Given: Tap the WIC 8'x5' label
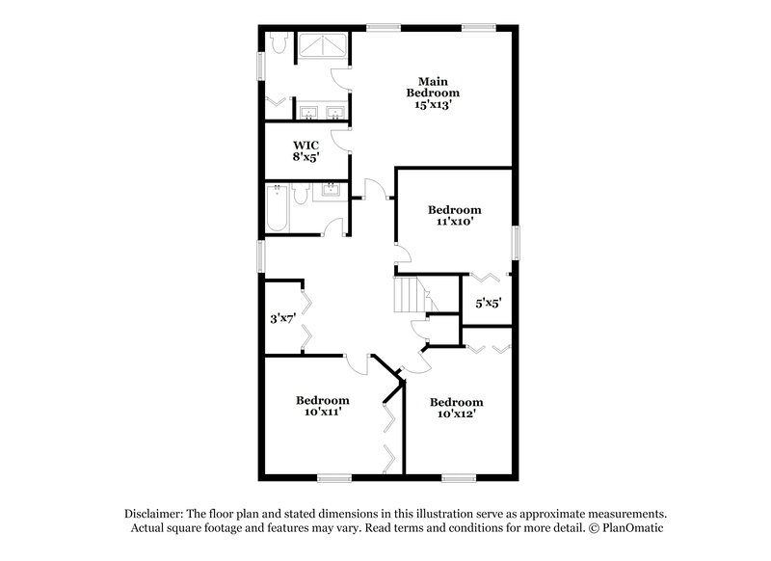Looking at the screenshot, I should pyautogui.click(x=306, y=150).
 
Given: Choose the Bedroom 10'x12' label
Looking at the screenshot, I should pyautogui.click(x=456, y=408).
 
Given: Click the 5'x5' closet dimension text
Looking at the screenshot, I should pyautogui.click(x=488, y=303).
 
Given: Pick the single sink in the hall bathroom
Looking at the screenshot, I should pyautogui.click(x=330, y=189).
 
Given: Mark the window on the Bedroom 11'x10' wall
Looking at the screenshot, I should pyautogui.click(x=515, y=241).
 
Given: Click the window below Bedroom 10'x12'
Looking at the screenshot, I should pyautogui.click(x=458, y=477).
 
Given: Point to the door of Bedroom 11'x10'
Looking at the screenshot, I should pyautogui.click(x=402, y=254).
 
